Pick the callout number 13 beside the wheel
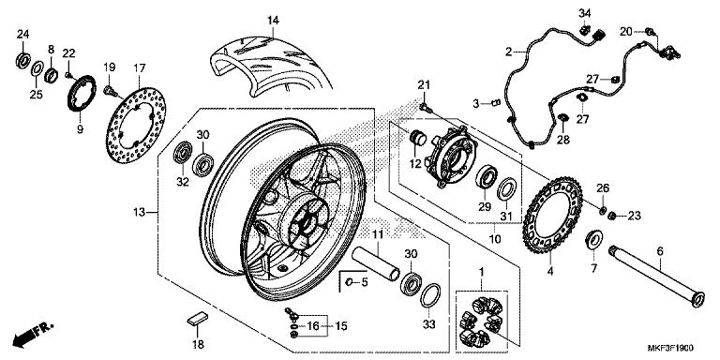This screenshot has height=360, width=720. (139, 214)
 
